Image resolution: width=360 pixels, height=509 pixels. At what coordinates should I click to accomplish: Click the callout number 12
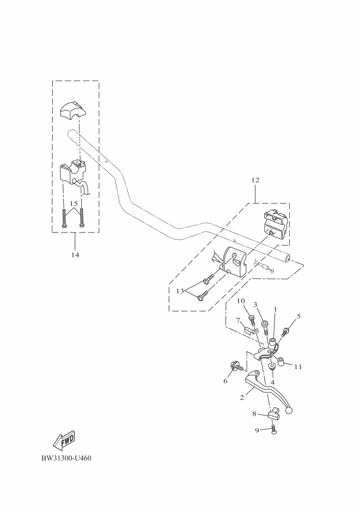255,180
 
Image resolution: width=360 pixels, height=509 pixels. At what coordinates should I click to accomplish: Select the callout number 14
75,255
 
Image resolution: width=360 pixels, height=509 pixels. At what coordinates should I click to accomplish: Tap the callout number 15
74,203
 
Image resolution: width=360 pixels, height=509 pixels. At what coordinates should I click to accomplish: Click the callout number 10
241,301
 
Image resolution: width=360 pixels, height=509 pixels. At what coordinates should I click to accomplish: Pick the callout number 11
298,367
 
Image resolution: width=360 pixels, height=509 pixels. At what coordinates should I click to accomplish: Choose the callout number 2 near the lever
242,398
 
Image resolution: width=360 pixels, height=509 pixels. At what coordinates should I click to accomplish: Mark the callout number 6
225,381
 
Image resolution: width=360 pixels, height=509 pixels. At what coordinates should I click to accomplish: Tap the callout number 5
298,316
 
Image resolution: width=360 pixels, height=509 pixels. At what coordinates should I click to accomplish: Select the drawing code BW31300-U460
66,458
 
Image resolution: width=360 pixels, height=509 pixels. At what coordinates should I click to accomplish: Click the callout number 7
238,320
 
